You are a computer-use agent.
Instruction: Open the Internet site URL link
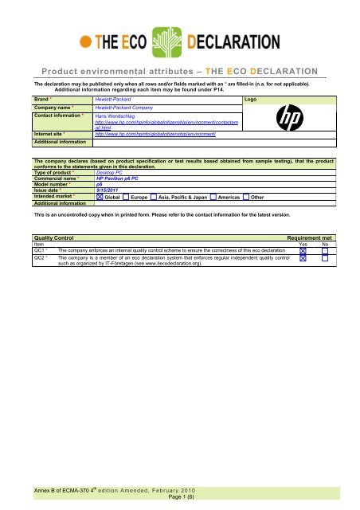149,135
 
